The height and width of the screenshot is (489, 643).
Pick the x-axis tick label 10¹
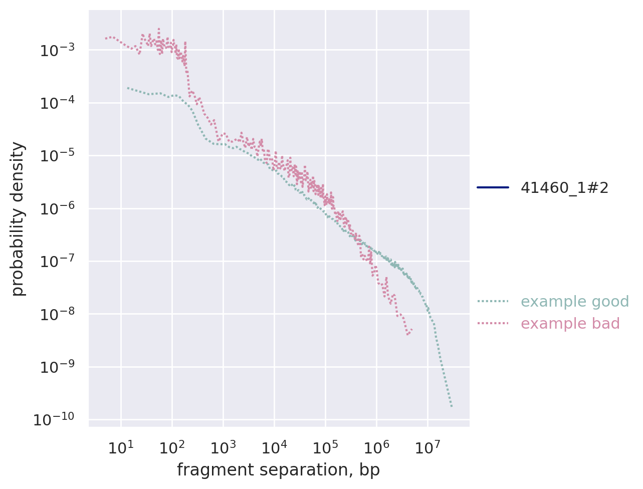[120, 447]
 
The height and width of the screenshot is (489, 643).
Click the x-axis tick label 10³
[223, 447]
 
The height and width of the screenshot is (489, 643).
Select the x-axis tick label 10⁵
[325, 447]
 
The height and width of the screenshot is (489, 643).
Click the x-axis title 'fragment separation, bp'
[278, 470]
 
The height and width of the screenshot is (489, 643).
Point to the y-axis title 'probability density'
[19, 218]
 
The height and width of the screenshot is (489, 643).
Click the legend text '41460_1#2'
[565, 188]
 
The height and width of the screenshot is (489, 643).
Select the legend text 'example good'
[575, 302]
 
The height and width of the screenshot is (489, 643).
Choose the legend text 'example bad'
[570, 324]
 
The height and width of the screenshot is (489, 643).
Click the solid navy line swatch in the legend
[493, 188]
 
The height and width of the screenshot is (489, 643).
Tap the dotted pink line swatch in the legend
[493, 324]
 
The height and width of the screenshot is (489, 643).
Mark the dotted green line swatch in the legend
[493, 302]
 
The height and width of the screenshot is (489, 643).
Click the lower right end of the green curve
[452, 406]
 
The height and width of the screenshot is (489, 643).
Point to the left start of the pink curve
[106, 38]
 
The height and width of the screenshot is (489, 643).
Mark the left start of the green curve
[127, 88]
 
